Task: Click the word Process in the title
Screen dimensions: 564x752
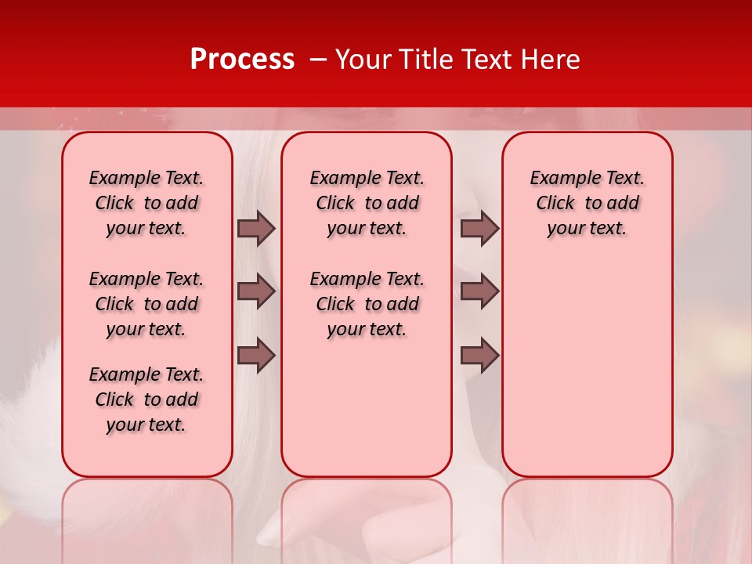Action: pyautogui.click(x=242, y=60)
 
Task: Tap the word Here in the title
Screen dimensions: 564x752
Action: pyautogui.click(x=551, y=60)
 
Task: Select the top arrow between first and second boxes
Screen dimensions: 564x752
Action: pyautogui.click(x=256, y=228)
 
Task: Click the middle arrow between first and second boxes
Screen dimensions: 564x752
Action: pyautogui.click(x=256, y=292)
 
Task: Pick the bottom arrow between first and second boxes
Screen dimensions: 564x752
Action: pyautogui.click(x=256, y=356)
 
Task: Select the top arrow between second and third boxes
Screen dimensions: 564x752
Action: pyautogui.click(x=479, y=228)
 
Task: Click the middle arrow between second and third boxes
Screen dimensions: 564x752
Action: pyautogui.click(x=479, y=292)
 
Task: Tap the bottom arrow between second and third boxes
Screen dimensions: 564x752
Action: pyautogui.click(x=479, y=356)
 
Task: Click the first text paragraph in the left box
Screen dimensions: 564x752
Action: pyautogui.click(x=146, y=203)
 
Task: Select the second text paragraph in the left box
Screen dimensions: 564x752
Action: pyautogui.click(x=146, y=304)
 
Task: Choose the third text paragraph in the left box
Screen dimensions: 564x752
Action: pyautogui.click(x=146, y=399)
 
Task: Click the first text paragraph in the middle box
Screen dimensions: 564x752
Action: pyautogui.click(x=367, y=203)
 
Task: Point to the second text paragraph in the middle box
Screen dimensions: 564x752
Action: pyautogui.click(x=367, y=304)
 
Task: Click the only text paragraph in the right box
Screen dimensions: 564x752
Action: pyautogui.click(x=587, y=203)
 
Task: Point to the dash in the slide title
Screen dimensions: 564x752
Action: pyautogui.click(x=318, y=60)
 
